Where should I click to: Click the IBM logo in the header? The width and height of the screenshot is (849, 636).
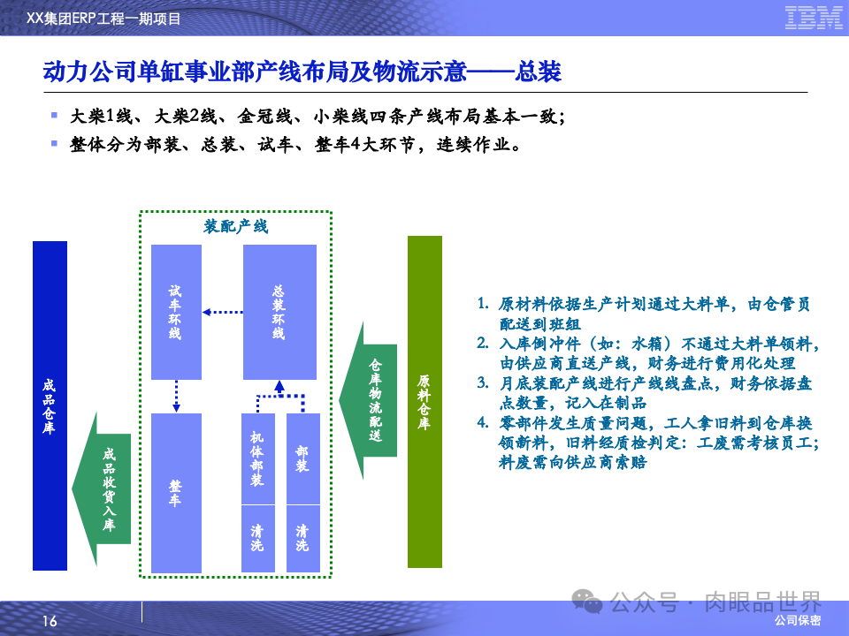pos(813,17)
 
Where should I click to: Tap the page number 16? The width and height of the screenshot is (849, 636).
pos(50,622)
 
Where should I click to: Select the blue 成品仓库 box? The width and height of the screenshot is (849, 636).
pos(50,405)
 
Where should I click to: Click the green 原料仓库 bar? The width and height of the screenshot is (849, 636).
pos(424,402)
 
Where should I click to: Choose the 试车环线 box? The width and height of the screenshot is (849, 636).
pos(176,312)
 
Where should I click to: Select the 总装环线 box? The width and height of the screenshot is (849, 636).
pos(279,312)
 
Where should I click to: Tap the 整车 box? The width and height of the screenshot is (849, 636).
pos(176,493)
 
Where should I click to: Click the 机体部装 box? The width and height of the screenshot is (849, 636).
pos(257,459)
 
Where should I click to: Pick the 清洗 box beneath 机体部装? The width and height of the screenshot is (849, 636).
pos(257,538)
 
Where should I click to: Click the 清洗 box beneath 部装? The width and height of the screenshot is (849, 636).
pos(302,538)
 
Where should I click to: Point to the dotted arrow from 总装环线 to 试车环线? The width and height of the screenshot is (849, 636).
pos(222,311)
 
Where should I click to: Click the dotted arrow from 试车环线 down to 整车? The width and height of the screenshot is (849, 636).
pos(176,396)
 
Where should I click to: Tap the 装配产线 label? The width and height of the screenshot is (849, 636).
pos(235,226)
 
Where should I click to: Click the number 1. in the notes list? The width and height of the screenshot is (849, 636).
pos(483,303)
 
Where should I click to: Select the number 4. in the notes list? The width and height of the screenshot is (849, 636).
pos(483,422)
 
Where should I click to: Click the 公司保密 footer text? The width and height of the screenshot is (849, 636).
pos(798,621)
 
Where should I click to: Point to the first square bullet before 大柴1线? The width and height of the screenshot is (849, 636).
pos(54,115)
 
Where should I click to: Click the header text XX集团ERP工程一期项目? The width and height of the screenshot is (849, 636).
pos(104,18)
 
